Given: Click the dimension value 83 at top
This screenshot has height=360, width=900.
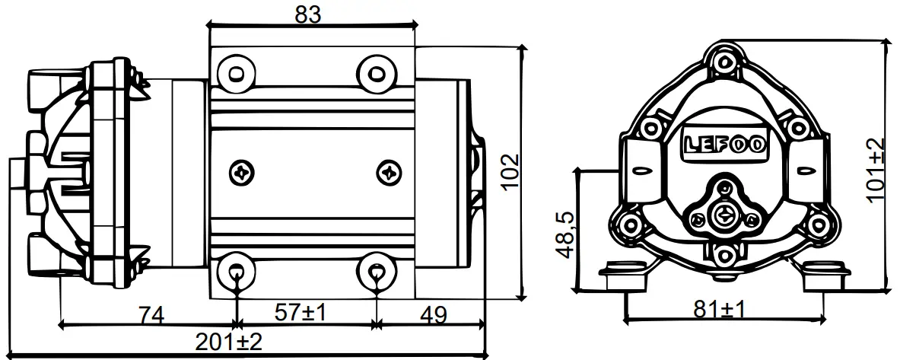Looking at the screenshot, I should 307,13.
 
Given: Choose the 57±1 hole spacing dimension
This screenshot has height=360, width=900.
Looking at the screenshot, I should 300,313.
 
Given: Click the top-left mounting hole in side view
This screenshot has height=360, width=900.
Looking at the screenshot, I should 234,72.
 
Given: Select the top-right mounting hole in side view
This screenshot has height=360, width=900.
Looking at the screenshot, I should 376,72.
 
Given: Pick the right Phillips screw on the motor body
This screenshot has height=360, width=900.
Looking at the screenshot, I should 390,171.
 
